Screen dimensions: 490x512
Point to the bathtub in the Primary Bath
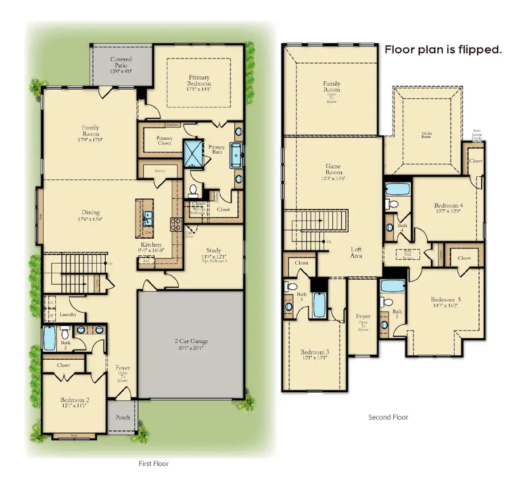(x=236, y=155)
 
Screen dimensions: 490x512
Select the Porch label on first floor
(x=122, y=417)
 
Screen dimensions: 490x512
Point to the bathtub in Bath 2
(x=49, y=339)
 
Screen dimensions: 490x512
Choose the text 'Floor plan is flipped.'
(x=443, y=49)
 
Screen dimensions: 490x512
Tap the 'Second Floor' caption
(x=388, y=417)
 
